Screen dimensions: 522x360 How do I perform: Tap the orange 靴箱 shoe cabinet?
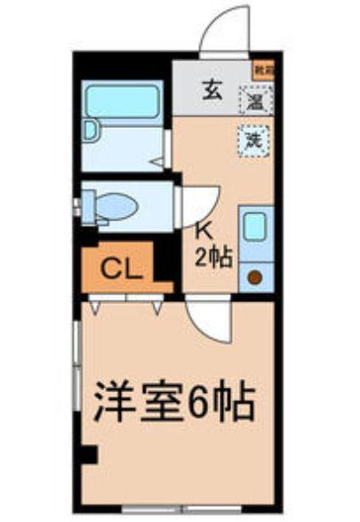pos(261,69)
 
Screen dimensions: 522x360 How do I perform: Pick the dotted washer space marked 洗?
pos(253,139)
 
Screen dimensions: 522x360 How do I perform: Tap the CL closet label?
pos(122,269)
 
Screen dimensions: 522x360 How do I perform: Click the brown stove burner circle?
pos(254,278)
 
